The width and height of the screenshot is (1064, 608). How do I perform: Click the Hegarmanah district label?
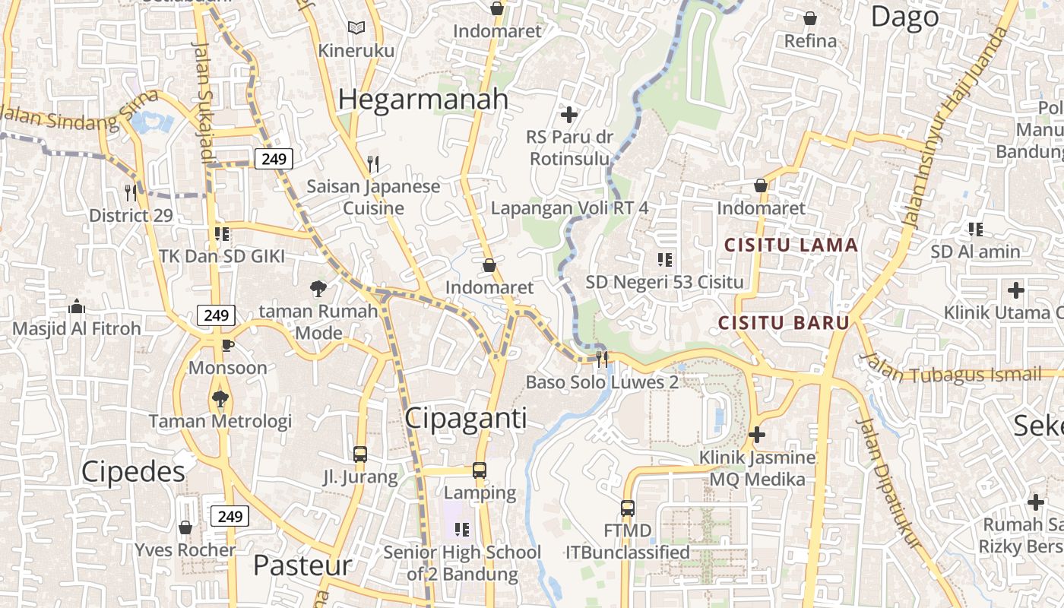[423, 100]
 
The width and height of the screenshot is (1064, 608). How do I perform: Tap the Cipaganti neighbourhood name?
[465, 418]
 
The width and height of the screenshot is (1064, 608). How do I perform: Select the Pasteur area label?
[302, 565]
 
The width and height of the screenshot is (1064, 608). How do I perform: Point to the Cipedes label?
[133, 472]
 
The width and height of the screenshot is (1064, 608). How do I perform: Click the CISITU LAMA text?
[790, 245]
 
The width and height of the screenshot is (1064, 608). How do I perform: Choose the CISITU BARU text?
[784, 322]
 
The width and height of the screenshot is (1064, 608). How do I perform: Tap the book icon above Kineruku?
[356, 28]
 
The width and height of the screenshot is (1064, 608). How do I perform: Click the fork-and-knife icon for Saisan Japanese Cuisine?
[372, 163]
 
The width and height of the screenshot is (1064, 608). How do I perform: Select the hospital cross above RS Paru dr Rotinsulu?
[568, 115]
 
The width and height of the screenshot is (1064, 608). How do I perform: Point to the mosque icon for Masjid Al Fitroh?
[76, 306]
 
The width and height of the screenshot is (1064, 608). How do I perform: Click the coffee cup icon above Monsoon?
[227, 346]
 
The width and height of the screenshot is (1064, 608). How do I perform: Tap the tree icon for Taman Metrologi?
[220, 397]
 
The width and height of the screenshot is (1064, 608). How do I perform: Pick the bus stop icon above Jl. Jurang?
[360, 454]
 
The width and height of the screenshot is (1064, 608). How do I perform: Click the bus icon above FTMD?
[627, 508]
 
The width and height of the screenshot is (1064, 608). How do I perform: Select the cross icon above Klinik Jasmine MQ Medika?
[756, 435]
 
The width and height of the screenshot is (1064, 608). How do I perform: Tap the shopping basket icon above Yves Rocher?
[185, 527]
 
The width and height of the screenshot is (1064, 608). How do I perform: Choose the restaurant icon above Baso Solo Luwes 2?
[602, 359]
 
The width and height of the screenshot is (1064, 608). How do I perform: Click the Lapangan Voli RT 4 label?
[569, 208]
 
